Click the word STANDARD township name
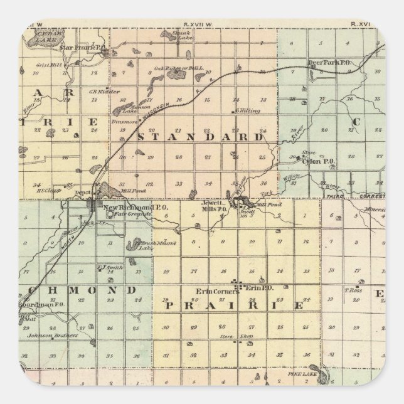tap(200, 137)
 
